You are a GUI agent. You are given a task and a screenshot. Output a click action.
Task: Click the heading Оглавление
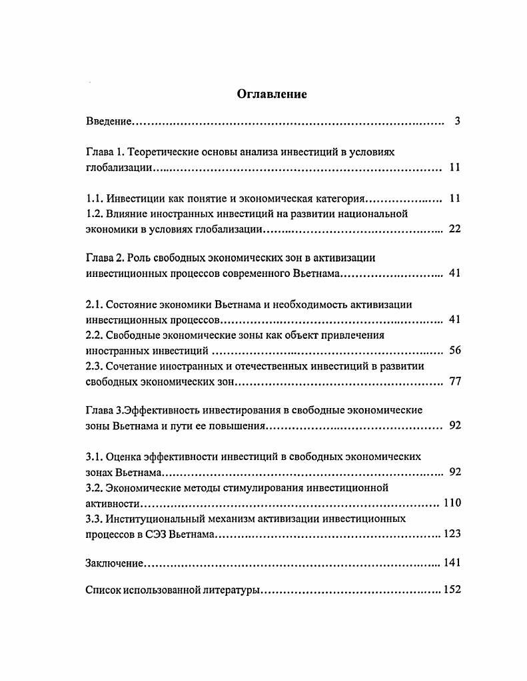click(x=272, y=95)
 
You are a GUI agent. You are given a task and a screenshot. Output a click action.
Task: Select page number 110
click(x=452, y=503)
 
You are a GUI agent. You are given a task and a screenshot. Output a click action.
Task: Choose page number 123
click(x=452, y=534)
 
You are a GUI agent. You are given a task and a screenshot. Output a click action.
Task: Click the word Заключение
click(x=115, y=563)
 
